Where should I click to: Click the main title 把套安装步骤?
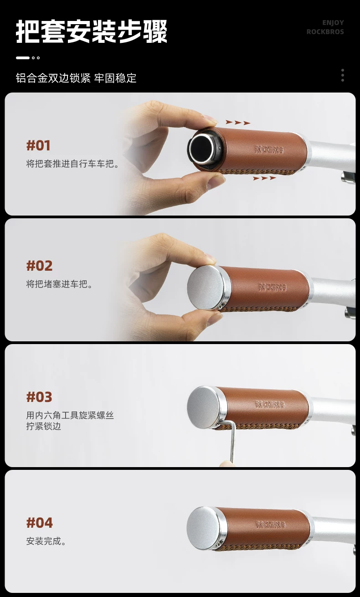pos(92,31)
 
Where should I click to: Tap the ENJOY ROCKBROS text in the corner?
pos(325,27)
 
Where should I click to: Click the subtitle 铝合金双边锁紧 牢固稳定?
pos(76,78)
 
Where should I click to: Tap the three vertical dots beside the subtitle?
pos(342,75)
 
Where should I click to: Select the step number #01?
pos(38,145)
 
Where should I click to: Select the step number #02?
pos(40,266)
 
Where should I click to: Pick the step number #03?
pos(39,397)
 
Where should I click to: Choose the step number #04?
pos(40,523)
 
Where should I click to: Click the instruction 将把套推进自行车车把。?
pos(73,163)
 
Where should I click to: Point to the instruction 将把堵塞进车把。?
pos(59,284)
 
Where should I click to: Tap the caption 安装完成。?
pos(46,541)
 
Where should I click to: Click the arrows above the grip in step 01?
pos(238,122)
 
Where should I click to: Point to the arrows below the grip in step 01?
pos(264,178)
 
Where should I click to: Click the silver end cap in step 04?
pos(205,528)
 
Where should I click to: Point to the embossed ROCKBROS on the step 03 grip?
pos(270,405)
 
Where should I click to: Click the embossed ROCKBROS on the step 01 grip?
pos(269,150)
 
